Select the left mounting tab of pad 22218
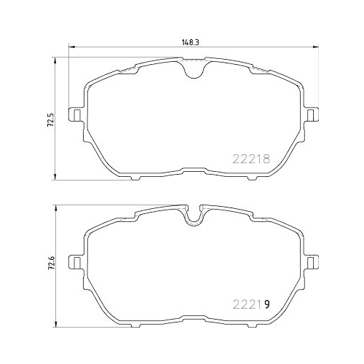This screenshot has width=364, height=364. click(74, 115)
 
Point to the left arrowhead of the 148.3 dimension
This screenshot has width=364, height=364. click(70, 49)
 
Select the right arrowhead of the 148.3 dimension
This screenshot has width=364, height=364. click(317, 49)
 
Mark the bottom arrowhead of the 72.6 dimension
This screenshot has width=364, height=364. click(57, 321)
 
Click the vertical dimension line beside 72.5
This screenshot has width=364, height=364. click(57, 146)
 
